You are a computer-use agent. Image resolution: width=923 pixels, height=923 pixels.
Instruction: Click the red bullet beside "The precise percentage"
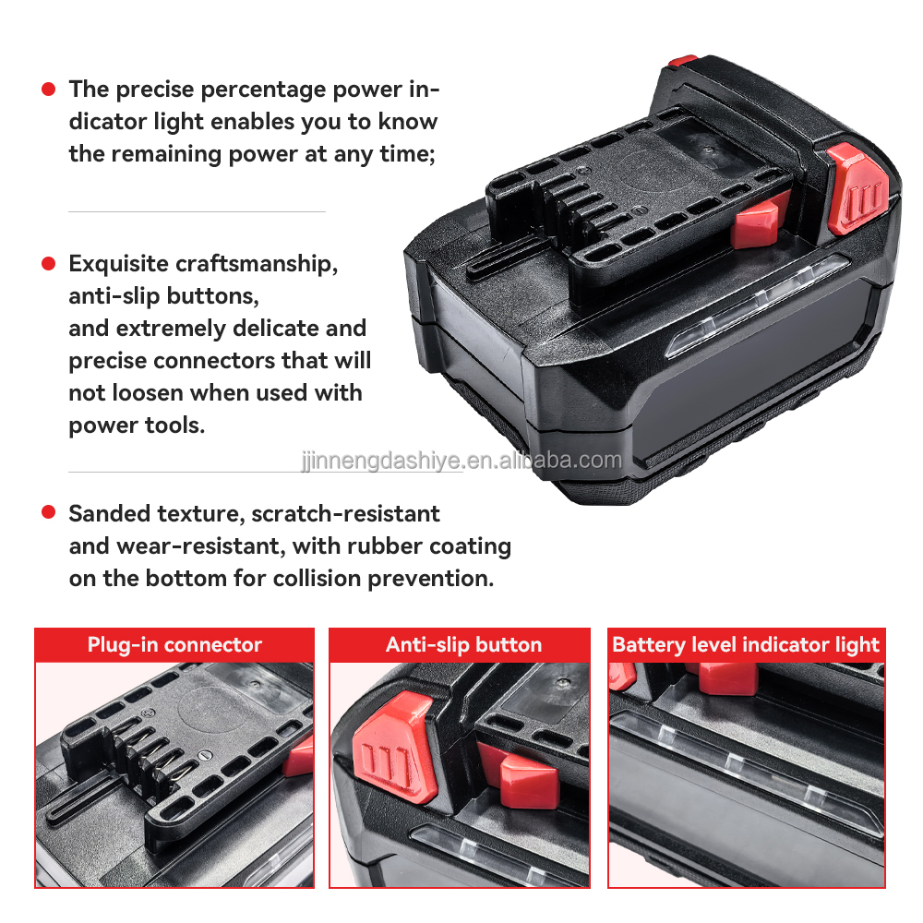point(48,90)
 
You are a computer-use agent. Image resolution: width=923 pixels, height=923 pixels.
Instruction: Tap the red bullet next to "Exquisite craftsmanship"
point(48,263)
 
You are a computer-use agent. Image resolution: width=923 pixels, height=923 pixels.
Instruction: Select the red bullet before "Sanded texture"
point(48,512)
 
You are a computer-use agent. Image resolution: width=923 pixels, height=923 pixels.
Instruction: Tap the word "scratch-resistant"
point(345,514)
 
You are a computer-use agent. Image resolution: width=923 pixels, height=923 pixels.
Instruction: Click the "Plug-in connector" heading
point(174,644)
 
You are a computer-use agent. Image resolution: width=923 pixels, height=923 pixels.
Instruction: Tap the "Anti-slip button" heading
point(464,644)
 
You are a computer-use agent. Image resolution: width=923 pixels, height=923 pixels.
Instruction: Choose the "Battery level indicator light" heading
point(746,644)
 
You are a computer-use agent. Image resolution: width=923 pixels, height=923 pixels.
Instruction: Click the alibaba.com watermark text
point(462,461)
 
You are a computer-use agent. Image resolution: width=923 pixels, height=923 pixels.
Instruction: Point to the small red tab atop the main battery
point(683,61)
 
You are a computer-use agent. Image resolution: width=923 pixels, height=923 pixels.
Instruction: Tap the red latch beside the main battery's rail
point(758,222)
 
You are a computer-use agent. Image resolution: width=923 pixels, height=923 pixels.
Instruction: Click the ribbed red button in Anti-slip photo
point(394,747)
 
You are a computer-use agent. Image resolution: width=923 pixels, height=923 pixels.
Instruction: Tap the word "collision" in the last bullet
point(318,578)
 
